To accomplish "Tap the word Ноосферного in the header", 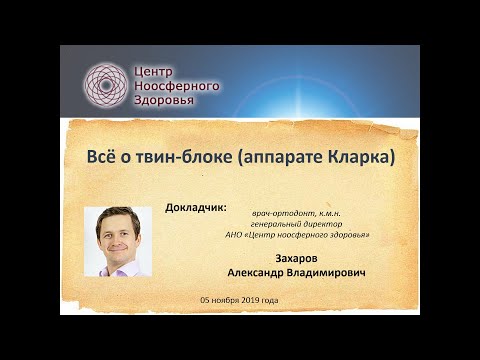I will (176, 86).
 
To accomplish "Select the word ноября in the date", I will (226, 300).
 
